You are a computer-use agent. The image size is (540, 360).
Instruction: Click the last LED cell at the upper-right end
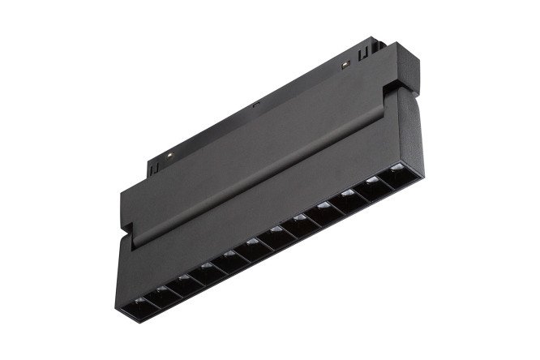[x=398, y=177]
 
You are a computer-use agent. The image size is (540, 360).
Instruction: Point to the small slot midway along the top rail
[x=256, y=105]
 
